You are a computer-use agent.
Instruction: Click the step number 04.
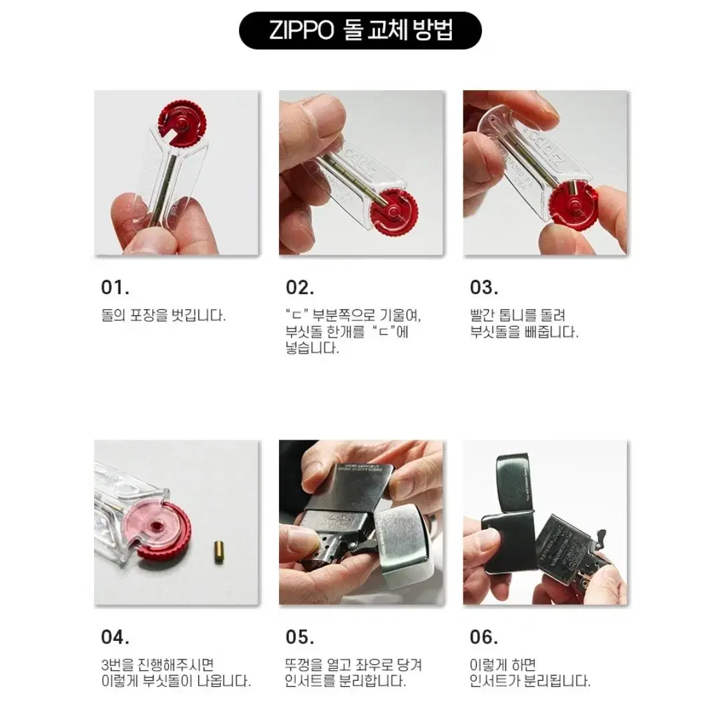pyautogui.click(x=115, y=637)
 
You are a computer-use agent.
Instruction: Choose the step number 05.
pyautogui.click(x=300, y=637)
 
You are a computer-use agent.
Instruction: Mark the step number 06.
pyautogui.click(x=484, y=637)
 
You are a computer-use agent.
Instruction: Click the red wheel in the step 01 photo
pyautogui.click(x=182, y=122)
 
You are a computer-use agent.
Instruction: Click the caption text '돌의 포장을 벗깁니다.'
pyautogui.click(x=163, y=315)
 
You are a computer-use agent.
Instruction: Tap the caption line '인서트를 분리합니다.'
pyautogui.click(x=344, y=682)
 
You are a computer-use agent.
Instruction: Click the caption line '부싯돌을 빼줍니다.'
pyautogui.click(x=524, y=332)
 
